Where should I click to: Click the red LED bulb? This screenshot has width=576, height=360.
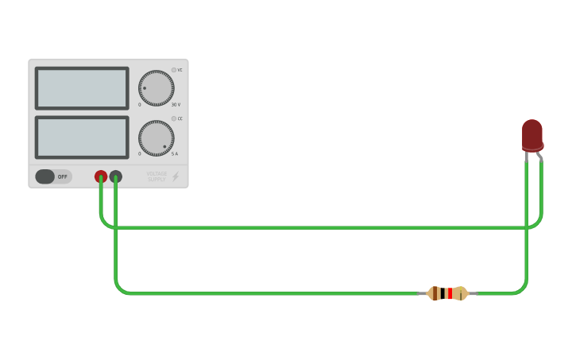(x=532, y=134)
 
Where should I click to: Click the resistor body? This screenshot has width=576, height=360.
(x=447, y=293)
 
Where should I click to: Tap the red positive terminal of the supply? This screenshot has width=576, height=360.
(x=101, y=176)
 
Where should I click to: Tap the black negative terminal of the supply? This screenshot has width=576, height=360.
(x=116, y=176)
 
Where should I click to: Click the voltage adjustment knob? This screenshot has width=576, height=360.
(x=156, y=88)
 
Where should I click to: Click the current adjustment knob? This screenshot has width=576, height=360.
(x=156, y=138)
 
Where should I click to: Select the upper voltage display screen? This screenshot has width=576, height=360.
(x=82, y=88)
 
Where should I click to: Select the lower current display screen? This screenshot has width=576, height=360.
(x=82, y=137)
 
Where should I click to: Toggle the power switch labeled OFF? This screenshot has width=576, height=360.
(x=53, y=176)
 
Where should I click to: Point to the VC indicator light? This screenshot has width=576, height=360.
(x=174, y=70)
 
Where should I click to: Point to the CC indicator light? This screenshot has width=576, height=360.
(x=174, y=118)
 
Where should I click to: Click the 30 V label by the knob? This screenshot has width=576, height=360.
(x=176, y=105)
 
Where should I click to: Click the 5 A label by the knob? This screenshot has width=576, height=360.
(x=175, y=154)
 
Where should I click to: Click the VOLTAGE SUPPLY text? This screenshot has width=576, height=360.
(x=157, y=176)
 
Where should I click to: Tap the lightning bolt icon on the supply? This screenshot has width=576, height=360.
(x=176, y=176)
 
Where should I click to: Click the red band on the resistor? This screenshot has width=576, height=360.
(x=449, y=293)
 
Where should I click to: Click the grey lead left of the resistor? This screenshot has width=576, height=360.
(x=422, y=293)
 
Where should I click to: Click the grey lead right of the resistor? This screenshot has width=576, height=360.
(x=473, y=293)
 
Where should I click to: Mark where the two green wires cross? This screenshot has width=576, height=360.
(x=526, y=227)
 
